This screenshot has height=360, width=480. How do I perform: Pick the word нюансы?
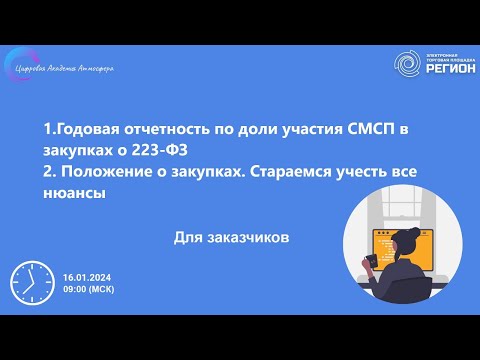[74, 193]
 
